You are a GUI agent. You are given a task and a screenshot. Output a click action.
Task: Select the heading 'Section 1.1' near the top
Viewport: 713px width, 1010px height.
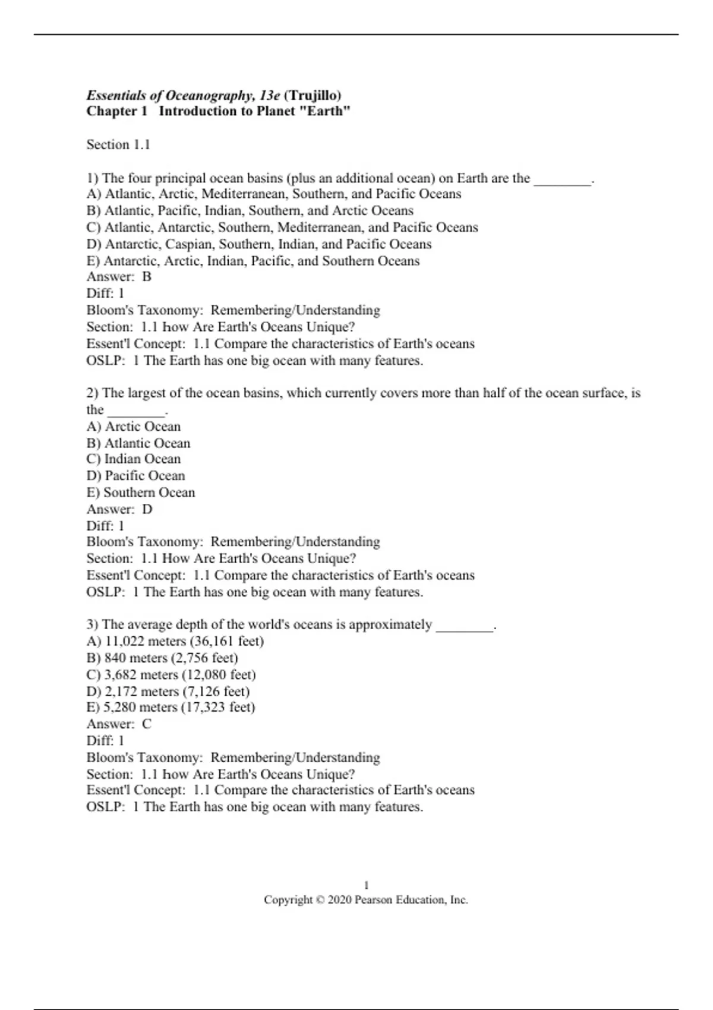click(118, 144)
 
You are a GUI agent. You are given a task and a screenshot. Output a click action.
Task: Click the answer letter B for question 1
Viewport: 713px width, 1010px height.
click(147, 277)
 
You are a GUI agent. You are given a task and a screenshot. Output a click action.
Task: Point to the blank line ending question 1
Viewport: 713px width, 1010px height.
click(562, 179)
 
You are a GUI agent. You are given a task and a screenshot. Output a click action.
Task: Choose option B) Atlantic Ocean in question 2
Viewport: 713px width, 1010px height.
click(138, 443)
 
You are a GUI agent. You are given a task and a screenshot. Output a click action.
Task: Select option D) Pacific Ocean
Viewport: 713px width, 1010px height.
click(135, 476)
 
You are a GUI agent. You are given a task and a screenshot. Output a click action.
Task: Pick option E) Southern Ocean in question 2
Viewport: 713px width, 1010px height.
click(141, 493)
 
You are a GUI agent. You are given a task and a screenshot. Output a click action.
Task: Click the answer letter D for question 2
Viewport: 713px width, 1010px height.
click(147, 509)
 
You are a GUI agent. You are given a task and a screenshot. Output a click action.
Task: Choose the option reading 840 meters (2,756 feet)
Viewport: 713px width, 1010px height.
click(162, 658)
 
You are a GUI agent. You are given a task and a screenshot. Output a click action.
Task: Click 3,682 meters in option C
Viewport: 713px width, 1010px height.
click(141, 675)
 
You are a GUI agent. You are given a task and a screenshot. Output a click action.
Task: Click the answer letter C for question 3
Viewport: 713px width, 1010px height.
click(147, 724)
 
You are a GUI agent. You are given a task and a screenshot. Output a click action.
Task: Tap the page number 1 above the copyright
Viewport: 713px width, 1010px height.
click(366, 885)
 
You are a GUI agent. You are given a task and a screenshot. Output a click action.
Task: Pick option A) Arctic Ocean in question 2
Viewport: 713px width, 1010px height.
click(134, 427)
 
